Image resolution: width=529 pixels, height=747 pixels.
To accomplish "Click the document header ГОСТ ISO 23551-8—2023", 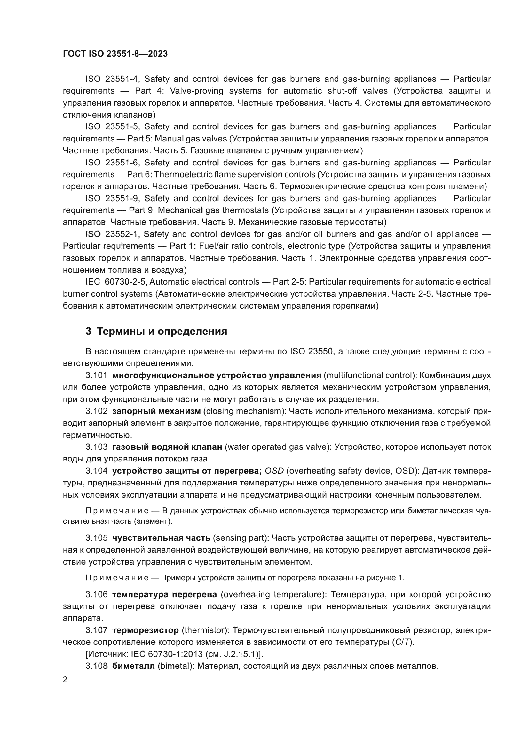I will pos(115,54).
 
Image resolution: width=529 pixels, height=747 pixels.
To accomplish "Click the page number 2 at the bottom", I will pos(65,680).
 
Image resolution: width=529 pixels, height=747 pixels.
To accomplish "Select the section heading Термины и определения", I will pos(162,331).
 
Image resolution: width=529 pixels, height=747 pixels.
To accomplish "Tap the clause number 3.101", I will pos(96,375).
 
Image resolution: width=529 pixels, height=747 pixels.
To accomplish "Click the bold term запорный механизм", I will pos(156,411).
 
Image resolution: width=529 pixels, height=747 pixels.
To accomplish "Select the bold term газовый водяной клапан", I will pos(167,447).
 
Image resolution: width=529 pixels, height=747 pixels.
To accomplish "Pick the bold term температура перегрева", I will pos(164,594).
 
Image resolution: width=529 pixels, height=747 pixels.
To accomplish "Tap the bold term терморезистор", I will pos(145,630).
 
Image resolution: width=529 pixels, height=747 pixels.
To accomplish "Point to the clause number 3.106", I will pos(96,594).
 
